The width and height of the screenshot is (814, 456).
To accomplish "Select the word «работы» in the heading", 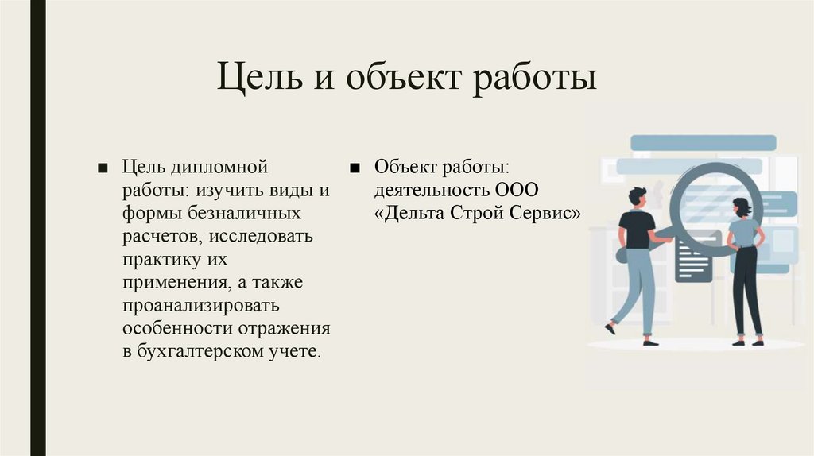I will tap(534, 81).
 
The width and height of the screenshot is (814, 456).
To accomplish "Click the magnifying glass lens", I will tap(715, 206).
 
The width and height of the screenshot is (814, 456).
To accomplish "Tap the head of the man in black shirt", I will tap(638, 195).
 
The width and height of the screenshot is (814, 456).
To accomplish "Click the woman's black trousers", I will tap(746, 290).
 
